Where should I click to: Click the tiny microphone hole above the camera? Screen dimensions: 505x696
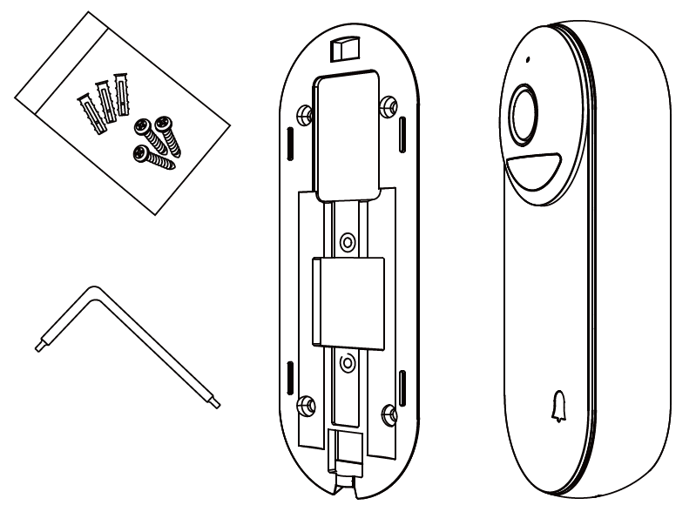pos(525,62)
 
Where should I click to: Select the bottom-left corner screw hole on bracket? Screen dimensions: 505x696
pos(306,403)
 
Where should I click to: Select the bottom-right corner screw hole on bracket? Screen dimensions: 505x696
pos(389,409)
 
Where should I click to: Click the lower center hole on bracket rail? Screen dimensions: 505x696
pos(347,359)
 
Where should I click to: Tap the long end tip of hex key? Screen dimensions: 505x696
pos(216,403)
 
